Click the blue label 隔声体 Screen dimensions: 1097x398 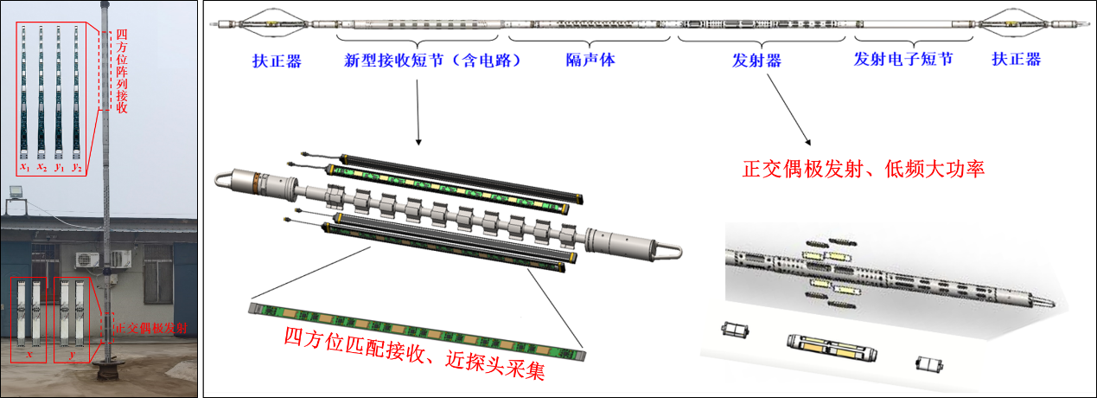590,60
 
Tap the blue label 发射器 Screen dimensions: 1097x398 756,61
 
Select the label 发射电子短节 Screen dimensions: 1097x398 903,60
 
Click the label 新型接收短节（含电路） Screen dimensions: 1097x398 432,61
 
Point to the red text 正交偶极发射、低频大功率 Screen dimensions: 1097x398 864,169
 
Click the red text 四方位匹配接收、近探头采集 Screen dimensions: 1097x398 415,353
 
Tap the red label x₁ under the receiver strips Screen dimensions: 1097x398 24,167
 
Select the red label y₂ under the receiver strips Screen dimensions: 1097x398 76,167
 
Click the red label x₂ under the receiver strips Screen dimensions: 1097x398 41,167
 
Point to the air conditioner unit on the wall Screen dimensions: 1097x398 87,260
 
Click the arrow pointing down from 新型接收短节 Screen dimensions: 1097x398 418,112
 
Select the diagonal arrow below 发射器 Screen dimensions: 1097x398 788,110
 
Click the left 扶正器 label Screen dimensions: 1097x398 277,61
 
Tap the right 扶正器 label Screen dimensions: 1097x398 1017,60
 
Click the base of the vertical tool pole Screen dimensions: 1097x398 108,370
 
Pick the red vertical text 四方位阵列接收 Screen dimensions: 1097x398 121,71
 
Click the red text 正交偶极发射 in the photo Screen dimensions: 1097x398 150,328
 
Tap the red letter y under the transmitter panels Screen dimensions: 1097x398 73,355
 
